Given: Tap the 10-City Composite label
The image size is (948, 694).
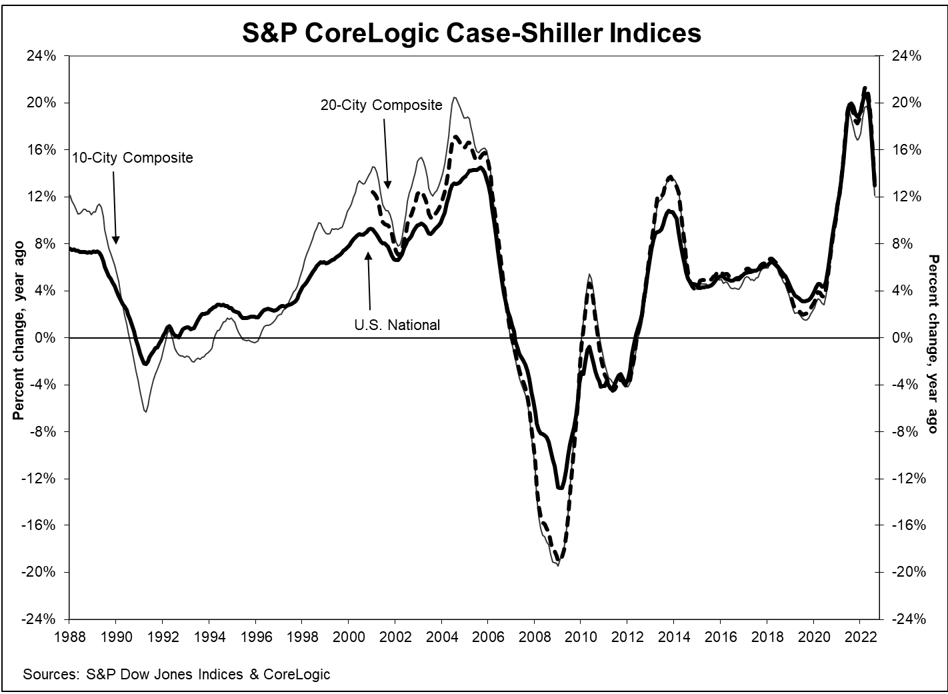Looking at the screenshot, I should tap(132, 158).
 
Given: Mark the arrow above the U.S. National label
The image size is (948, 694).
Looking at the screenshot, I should tap(367, 280).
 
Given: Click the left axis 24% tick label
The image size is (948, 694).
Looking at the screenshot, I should tap(42, 56).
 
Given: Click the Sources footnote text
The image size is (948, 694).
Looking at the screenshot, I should tap(177, 674).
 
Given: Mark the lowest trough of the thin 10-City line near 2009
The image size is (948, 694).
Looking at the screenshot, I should tap(557, 565).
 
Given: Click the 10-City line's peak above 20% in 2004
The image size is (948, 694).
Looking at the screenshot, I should tap(454, 97).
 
